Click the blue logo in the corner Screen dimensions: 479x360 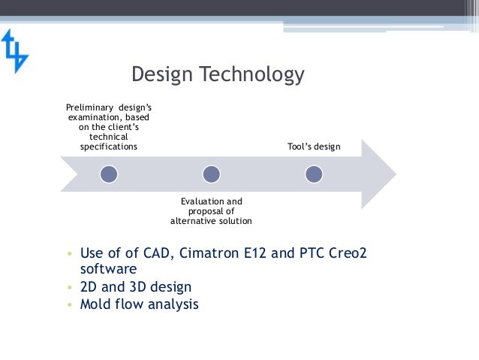(x=14, y=51)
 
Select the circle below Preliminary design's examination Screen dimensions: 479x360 (x=110, y=174)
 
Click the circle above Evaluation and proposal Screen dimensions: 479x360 (x=212, y=174)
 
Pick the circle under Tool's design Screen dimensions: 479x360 (x=314, y=174)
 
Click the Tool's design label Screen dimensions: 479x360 (x=314, y=147)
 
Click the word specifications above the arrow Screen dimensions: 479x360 (x=109, y=147)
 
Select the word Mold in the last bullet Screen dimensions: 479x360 (x=95, y=304)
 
